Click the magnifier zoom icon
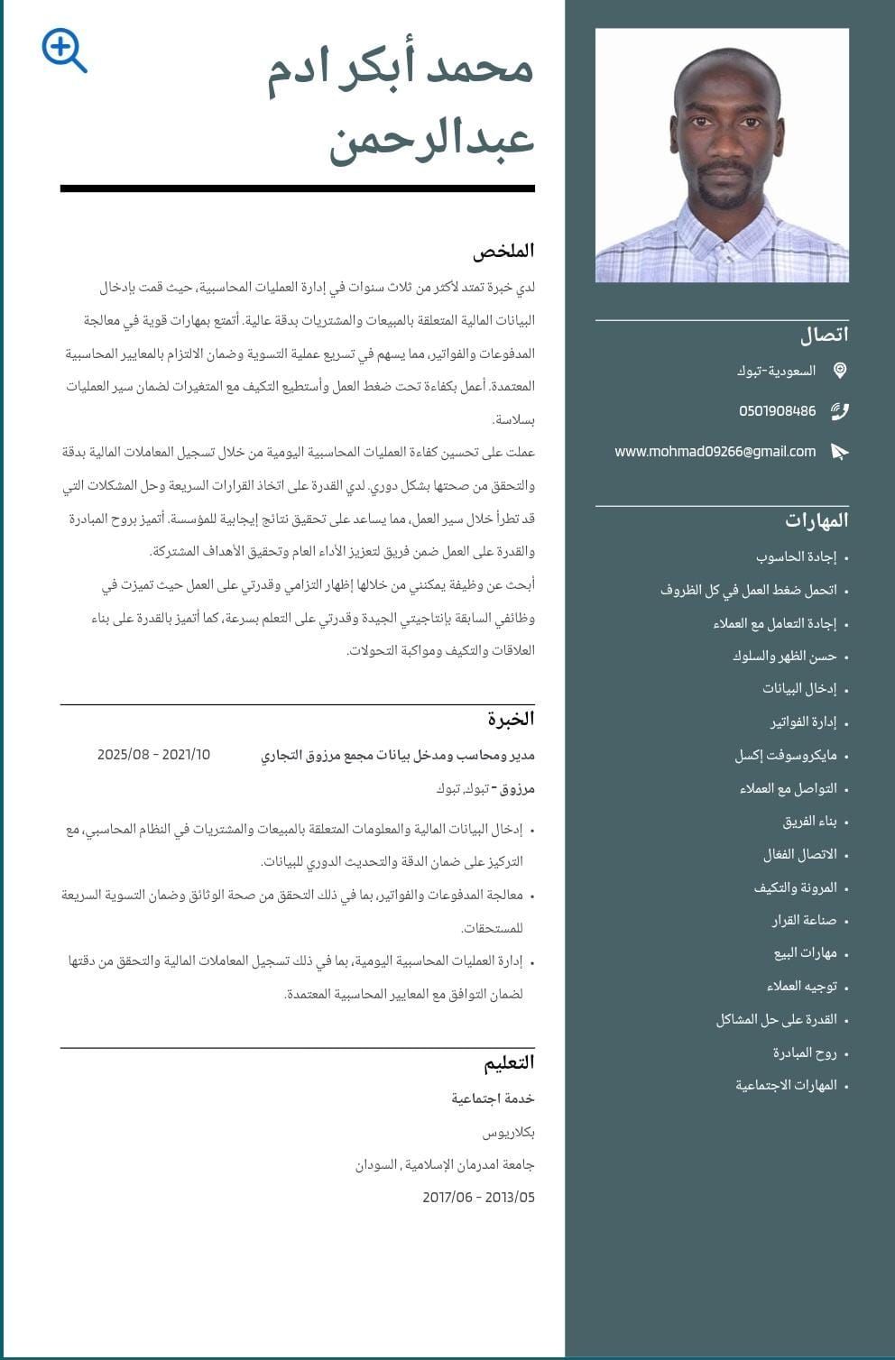pyautogui.click(x=64, y=51)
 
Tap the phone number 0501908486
pyautogui.click(x=777, y=411)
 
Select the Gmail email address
pyautogui.click(x=715, y=452)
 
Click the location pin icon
pyautogui.click(x=840, y=371)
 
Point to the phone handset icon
pyautogui.click(x=840, y=411)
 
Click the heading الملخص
pyautogui.click(x=503, y=251)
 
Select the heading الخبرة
pyautogui.click(x=511, y=719)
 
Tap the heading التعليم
pyautogui.click(x=509, y=1062)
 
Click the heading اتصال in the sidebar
pyautogui.click(x=824, y=335)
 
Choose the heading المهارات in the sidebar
pyautogui.click(x=817, y=520)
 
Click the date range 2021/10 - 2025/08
pyautogui.click(x=153, y=755)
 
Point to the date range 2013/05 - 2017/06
pyautogui.click(x=478, y=1198)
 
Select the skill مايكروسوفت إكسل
pyautogui.click(x=786, y=756)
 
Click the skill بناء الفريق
pyautogui.click(x=809, y=822)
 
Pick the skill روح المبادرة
pyautogui.click(x=805, y=1053)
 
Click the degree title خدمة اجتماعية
pyautogui.click(x=493, y=1098)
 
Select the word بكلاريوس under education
pyautogui.click(x=508, y=1132)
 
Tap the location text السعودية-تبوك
pyautogui.click(x=776, y=371)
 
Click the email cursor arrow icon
pyautogui.click(x=840, y=452)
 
